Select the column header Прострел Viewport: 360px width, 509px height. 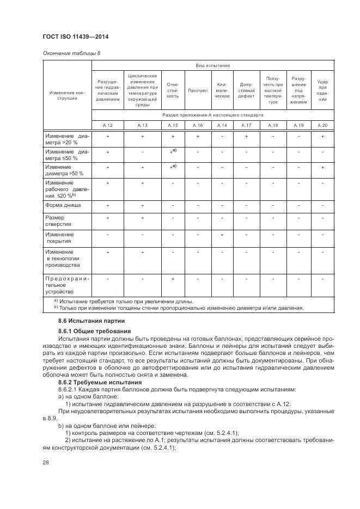pyautogui.click(x=198, y=90)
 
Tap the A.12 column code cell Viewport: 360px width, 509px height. pyautogui.click(x=107, y=125)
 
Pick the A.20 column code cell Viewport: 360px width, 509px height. pyautogui.click(x=322, y=125)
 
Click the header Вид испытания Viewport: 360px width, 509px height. pyautogui.click(x=213, y=65)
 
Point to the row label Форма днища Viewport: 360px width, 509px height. pyautogui.click(x=63, y=205)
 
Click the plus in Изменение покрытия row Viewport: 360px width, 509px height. pyautogui.click(x=222, y=235)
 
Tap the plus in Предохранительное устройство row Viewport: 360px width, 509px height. pyautogui.click(x=173, y=278)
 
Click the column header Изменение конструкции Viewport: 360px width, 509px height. pyautogui.click(x=67, y=95)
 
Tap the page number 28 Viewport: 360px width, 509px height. pyautogui.click(x=45, y=462)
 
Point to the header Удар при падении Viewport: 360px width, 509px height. pyautogui.click(x=322, y=90)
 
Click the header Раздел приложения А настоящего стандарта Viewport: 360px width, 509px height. pyautogui.click(x=213, y=115)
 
